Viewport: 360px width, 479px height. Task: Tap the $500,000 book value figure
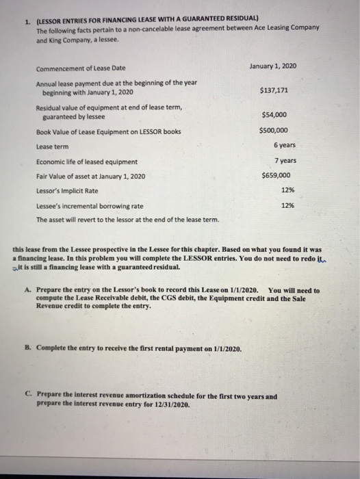tap(274, 130)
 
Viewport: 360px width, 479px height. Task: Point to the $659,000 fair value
tap(274, 175)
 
